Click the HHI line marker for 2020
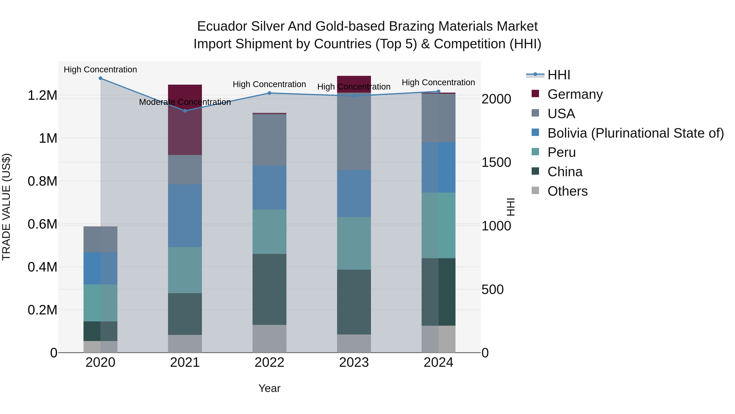point(100,78)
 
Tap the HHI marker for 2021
point(185,111)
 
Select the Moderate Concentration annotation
point(185,102)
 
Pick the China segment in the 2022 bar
point(269,289)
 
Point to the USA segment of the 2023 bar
point(354,131)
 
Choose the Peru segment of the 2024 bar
point(439,226)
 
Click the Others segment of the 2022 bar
point(269,339)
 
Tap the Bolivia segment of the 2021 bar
point(185,216)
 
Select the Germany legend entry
point(575,94)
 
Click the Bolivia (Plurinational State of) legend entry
point(635,133)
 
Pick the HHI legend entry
point(559,75)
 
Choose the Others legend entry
point(567,191)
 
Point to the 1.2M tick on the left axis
point(42,95)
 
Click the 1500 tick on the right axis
point(496,163)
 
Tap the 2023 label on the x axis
point(354,362)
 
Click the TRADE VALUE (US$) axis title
point(6,207)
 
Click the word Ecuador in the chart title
point(221,26)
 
